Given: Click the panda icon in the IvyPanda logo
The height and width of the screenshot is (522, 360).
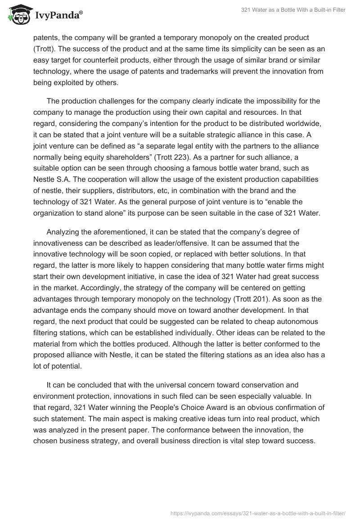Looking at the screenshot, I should (18, 15).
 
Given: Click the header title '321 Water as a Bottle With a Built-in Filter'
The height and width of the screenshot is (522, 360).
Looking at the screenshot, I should (293, 10).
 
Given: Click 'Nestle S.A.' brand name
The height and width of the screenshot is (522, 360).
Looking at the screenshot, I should (53, 169).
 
